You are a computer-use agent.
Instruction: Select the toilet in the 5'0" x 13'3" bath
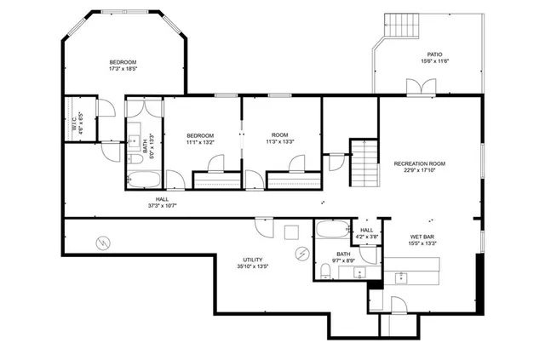point(136,159)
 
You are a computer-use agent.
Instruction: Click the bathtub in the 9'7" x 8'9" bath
point(330,228)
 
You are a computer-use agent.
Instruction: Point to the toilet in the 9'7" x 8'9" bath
point(326,271)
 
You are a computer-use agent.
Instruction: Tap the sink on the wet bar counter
point(402,277)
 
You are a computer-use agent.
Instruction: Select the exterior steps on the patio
point(404,28)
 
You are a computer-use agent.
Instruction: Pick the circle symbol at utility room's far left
point(101,243)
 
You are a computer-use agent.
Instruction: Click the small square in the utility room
point(290,231)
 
